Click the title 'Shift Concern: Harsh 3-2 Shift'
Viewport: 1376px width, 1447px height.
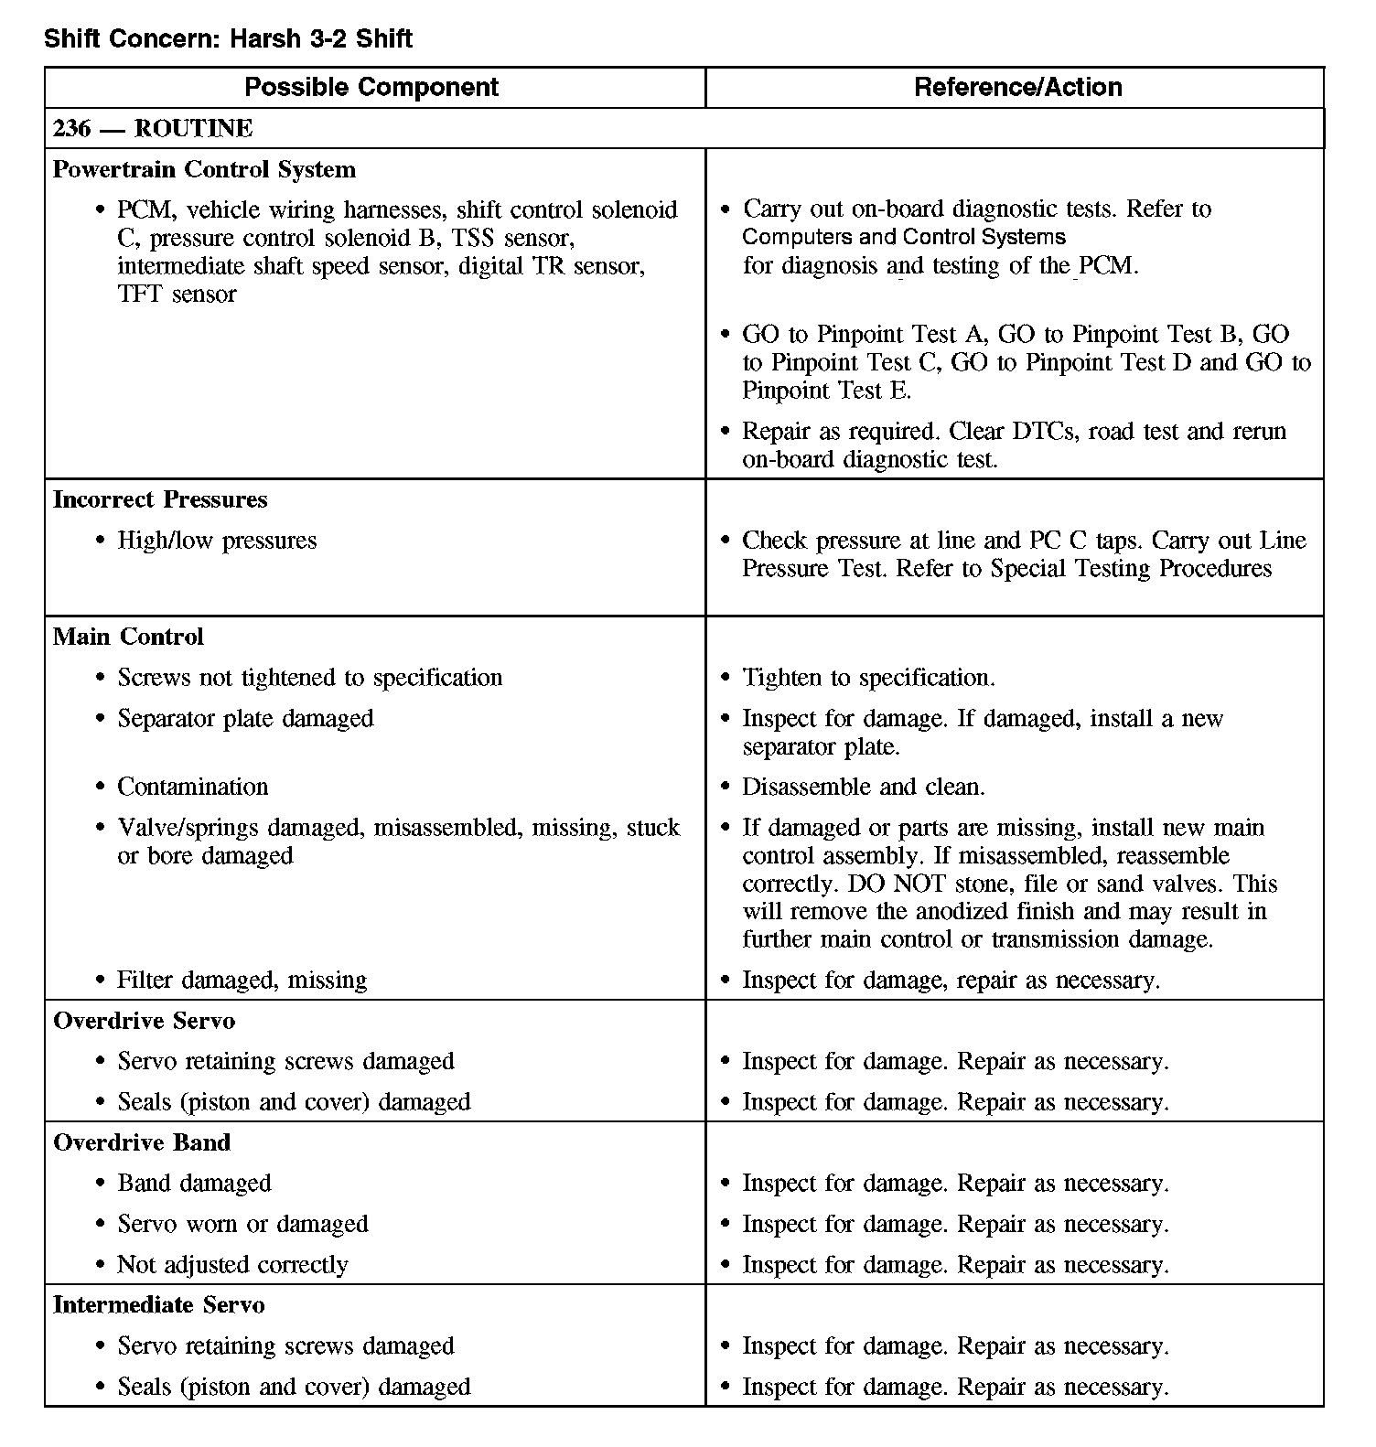point(228,39)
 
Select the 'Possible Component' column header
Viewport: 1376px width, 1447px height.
point(371,87)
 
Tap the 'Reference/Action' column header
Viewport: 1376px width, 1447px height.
point(1017,87)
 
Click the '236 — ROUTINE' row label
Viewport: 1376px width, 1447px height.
point(153,128)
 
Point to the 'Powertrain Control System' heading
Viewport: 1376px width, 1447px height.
point(204,169)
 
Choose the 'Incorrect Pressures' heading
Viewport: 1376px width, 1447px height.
point(160,499)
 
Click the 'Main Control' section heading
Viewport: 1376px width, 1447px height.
point(128,637)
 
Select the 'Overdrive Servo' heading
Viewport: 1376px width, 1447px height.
point(144,1021)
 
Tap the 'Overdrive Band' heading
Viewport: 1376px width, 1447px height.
point(142,1142)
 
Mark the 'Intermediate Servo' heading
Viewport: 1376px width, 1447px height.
point(158,1305)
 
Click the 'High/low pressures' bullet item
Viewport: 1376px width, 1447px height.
point(217,541)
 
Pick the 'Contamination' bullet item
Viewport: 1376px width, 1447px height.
point(193,787)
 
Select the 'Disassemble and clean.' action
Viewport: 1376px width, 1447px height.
point(863,787)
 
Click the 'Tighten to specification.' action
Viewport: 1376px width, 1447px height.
point(868,678)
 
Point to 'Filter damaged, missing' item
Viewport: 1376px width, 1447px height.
point(242,981)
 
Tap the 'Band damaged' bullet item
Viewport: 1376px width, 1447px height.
point(194,1184)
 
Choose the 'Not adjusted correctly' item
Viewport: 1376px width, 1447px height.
point(232,1265)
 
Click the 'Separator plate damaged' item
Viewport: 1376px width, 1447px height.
point(245,719)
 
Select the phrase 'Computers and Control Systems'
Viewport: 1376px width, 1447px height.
point(904,238)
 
